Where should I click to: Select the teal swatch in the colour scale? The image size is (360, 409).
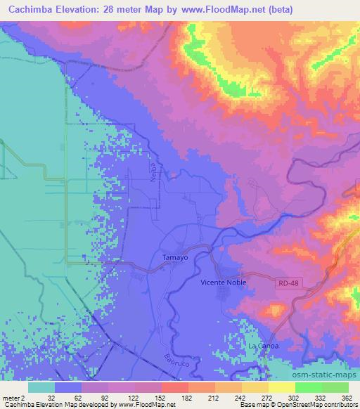coord(41,387)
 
